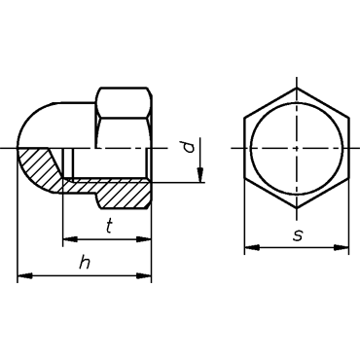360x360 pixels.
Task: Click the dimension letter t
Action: point(109,227)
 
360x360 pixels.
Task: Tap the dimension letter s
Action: point(297,235)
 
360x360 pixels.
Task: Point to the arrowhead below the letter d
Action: point(200,174)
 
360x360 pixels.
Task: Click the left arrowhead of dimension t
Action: point(70,239)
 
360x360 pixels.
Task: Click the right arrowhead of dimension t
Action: point(144,239)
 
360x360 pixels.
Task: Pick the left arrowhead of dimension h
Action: point(25,276)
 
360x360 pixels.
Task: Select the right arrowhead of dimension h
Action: point(144,276)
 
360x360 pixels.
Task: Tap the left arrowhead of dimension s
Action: point(252,248)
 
